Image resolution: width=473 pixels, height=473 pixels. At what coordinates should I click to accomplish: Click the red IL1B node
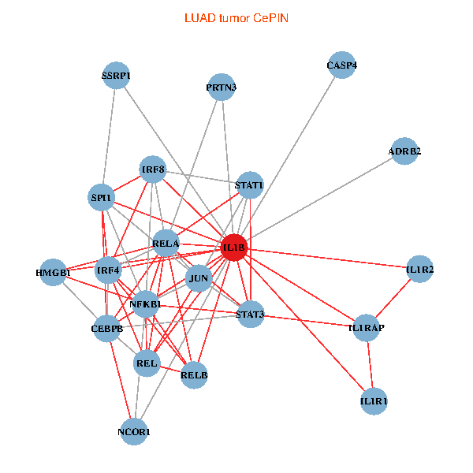(234, 248)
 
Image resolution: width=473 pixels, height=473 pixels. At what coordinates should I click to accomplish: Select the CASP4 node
(342, 65)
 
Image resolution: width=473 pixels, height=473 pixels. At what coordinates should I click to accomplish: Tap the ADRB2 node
(404, 151)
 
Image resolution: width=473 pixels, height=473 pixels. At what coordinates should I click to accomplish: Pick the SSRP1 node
(116, 76)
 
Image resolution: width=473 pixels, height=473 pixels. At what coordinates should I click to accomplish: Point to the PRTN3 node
(222, 88)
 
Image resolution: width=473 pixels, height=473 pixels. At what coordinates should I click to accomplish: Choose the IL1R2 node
(420, 269)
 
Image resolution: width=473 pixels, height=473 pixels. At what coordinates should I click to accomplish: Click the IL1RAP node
(367, 328)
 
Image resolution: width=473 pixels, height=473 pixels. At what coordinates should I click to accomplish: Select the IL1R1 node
(374, 401)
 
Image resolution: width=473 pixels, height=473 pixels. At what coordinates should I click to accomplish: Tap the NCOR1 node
(134, 432)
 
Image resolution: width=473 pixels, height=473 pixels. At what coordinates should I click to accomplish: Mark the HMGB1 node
(53, 273)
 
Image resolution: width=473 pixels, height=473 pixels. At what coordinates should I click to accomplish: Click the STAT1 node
(250, 185)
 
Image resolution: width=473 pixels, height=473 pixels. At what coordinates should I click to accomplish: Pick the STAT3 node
(251, 314)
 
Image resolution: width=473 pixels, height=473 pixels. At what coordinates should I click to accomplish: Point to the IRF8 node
(153, 169)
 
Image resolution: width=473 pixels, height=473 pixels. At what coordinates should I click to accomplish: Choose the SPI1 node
(102, 198)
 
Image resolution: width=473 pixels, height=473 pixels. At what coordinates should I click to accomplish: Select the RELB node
(194, 375)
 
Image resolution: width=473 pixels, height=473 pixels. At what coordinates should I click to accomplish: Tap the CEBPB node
(106, 328)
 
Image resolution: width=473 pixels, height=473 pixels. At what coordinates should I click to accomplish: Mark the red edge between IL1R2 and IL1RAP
(393, 298)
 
